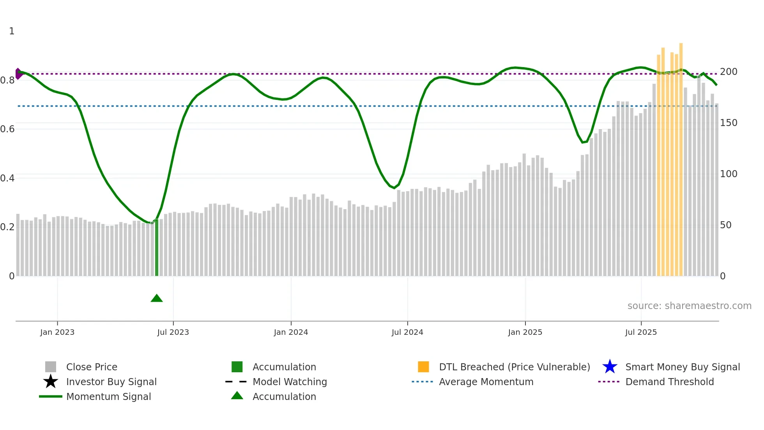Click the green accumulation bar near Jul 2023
click(157, 248)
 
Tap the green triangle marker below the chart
click(157, 299)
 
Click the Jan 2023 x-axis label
click(57, 332)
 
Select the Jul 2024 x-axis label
click(407, 332)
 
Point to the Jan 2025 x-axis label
click(525, 332)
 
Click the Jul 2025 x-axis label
click(641, 332)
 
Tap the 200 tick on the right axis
click(729, 72)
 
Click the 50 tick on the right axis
click(725, 225)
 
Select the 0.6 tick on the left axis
click(7, 129)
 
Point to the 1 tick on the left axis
click(12, 31)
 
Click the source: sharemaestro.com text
click(689, 306)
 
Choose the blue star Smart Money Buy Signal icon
click(610, 367)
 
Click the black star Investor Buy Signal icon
click(51, 382)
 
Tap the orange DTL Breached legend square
click(423, 367)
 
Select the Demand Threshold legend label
click(669, 382)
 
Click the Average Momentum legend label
click(486, 382)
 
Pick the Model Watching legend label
click(290, 382)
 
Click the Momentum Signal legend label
click(108, 396)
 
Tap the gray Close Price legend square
click(51, 367)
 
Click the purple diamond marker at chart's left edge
click(18, 74)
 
